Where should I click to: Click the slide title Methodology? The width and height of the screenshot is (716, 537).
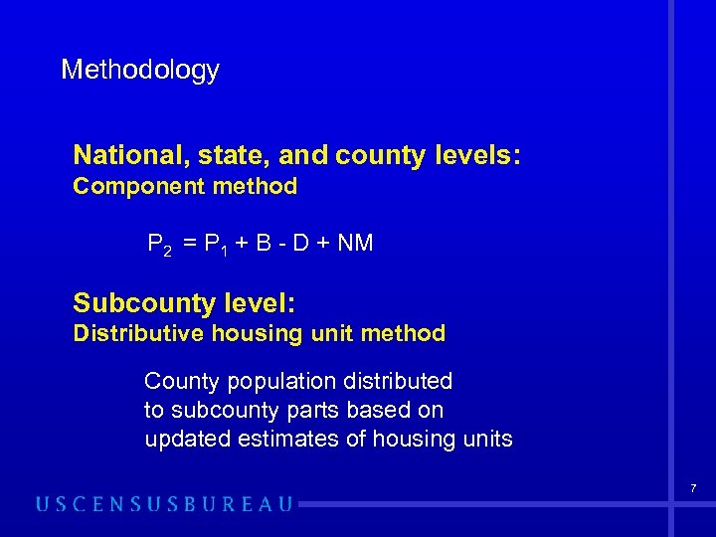pyautogui.click(x=140, y=71)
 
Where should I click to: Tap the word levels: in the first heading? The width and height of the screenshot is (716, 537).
pyautogui.click(x=483, y=155)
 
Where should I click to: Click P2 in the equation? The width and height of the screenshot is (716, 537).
pyautogui.click(x=159, y=244)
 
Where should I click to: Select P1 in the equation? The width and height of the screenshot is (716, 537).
pyautogui.click(x=216, y=244)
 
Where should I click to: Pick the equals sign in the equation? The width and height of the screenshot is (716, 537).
pyautogui.click(x=188, y=244)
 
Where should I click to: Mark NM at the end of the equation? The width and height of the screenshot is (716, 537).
pyautogui.click(x=355, y=243)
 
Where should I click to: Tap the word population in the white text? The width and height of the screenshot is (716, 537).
pyautogui.click(x=271, y=382)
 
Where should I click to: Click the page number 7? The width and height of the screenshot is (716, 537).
pyautogui.click(x=693, y=488)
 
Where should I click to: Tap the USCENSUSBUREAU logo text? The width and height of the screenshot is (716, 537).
pyautogui.click(x=165, y=504)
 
